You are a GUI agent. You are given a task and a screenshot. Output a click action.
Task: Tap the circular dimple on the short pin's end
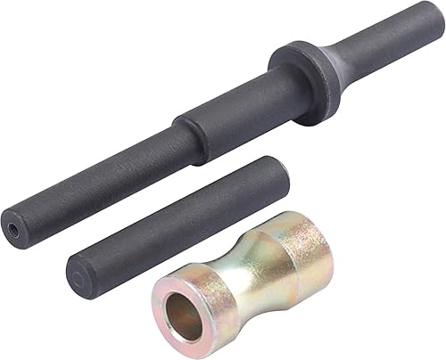coord(78,276)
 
